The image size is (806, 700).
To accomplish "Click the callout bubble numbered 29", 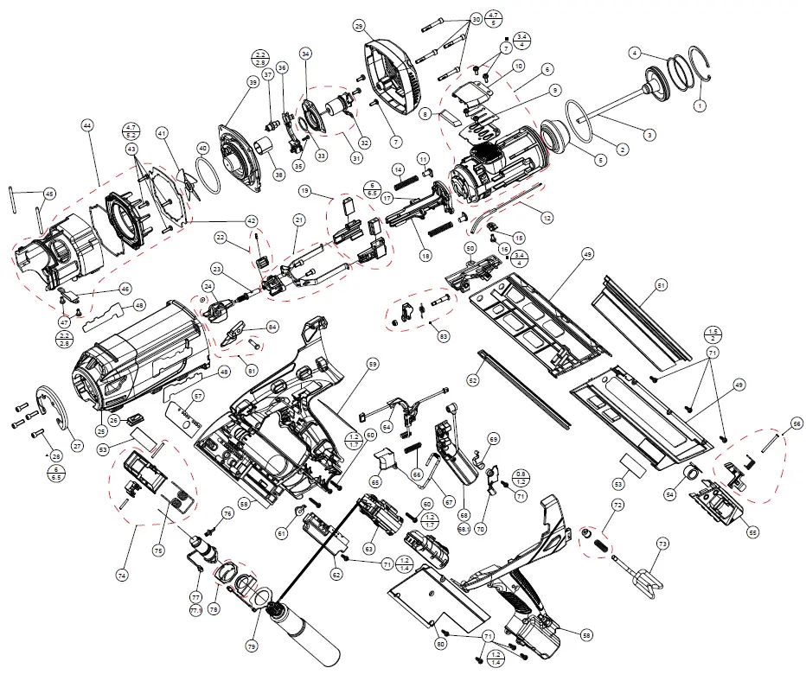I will click(359, 27).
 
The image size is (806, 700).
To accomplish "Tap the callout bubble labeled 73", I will click(662, 544).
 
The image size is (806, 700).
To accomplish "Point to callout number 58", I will click(587, 635).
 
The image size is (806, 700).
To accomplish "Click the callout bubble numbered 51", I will click(662, 284).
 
